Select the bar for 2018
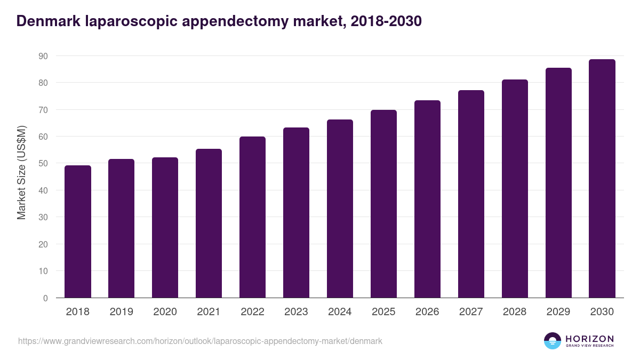click(x=78, y=232)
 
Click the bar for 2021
click(x=209, y=224)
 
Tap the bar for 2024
click(x=340, y=209)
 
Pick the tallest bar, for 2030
click(x=602, y=179)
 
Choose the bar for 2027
click(x=471, y=194)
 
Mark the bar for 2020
click(x=165, y=228)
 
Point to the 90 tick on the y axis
click(x=43, y=56)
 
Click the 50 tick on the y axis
click(x=43, y=164)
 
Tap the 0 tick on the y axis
click(x=46, y=298)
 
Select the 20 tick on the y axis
click(x=43, y=244)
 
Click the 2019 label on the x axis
click(x=121, y=312)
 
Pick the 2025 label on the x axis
click(x=383, y=312)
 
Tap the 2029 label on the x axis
click(x=558, y=312)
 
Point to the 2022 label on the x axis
click(x=252, y=312)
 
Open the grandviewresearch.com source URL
click(x=200, y=341)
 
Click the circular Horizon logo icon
click(x=553, y=341)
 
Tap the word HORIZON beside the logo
click(x=589, y=338)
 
